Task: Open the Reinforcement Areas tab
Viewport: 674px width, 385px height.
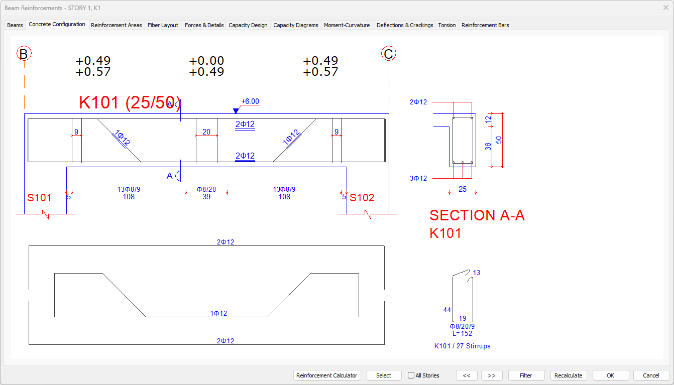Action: [x=116, y=25]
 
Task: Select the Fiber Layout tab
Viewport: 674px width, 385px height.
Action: [x=163, y=25]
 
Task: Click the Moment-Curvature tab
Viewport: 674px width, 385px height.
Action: [x=347, y=25]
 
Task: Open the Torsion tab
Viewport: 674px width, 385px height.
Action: [x=447, y=25]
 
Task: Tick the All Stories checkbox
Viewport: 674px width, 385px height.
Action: [x=411, y=375]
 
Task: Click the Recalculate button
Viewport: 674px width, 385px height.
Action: [x=569, y=375]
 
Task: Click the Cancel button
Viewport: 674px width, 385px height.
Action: [x=651, y=375]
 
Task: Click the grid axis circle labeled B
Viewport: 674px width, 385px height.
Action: [x=24, y=54]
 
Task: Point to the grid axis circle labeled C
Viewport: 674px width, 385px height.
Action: [x=388, y=54]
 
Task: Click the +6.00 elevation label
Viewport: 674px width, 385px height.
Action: [x=250, y=101]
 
